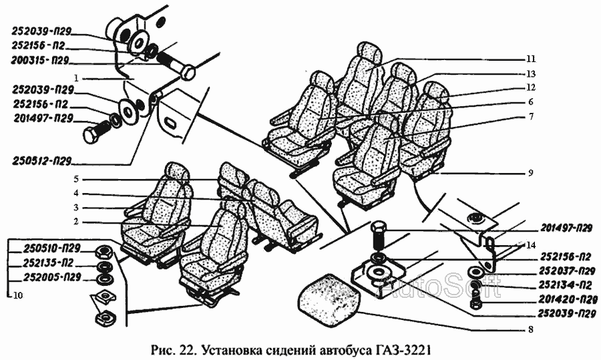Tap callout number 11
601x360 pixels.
(x=531, y=58)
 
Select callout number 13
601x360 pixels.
(x=531, y=73)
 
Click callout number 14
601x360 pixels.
(x=530, y=245)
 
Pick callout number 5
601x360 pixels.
(x=77, y=179)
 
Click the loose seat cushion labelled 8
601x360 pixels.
(x=329, y=295)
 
